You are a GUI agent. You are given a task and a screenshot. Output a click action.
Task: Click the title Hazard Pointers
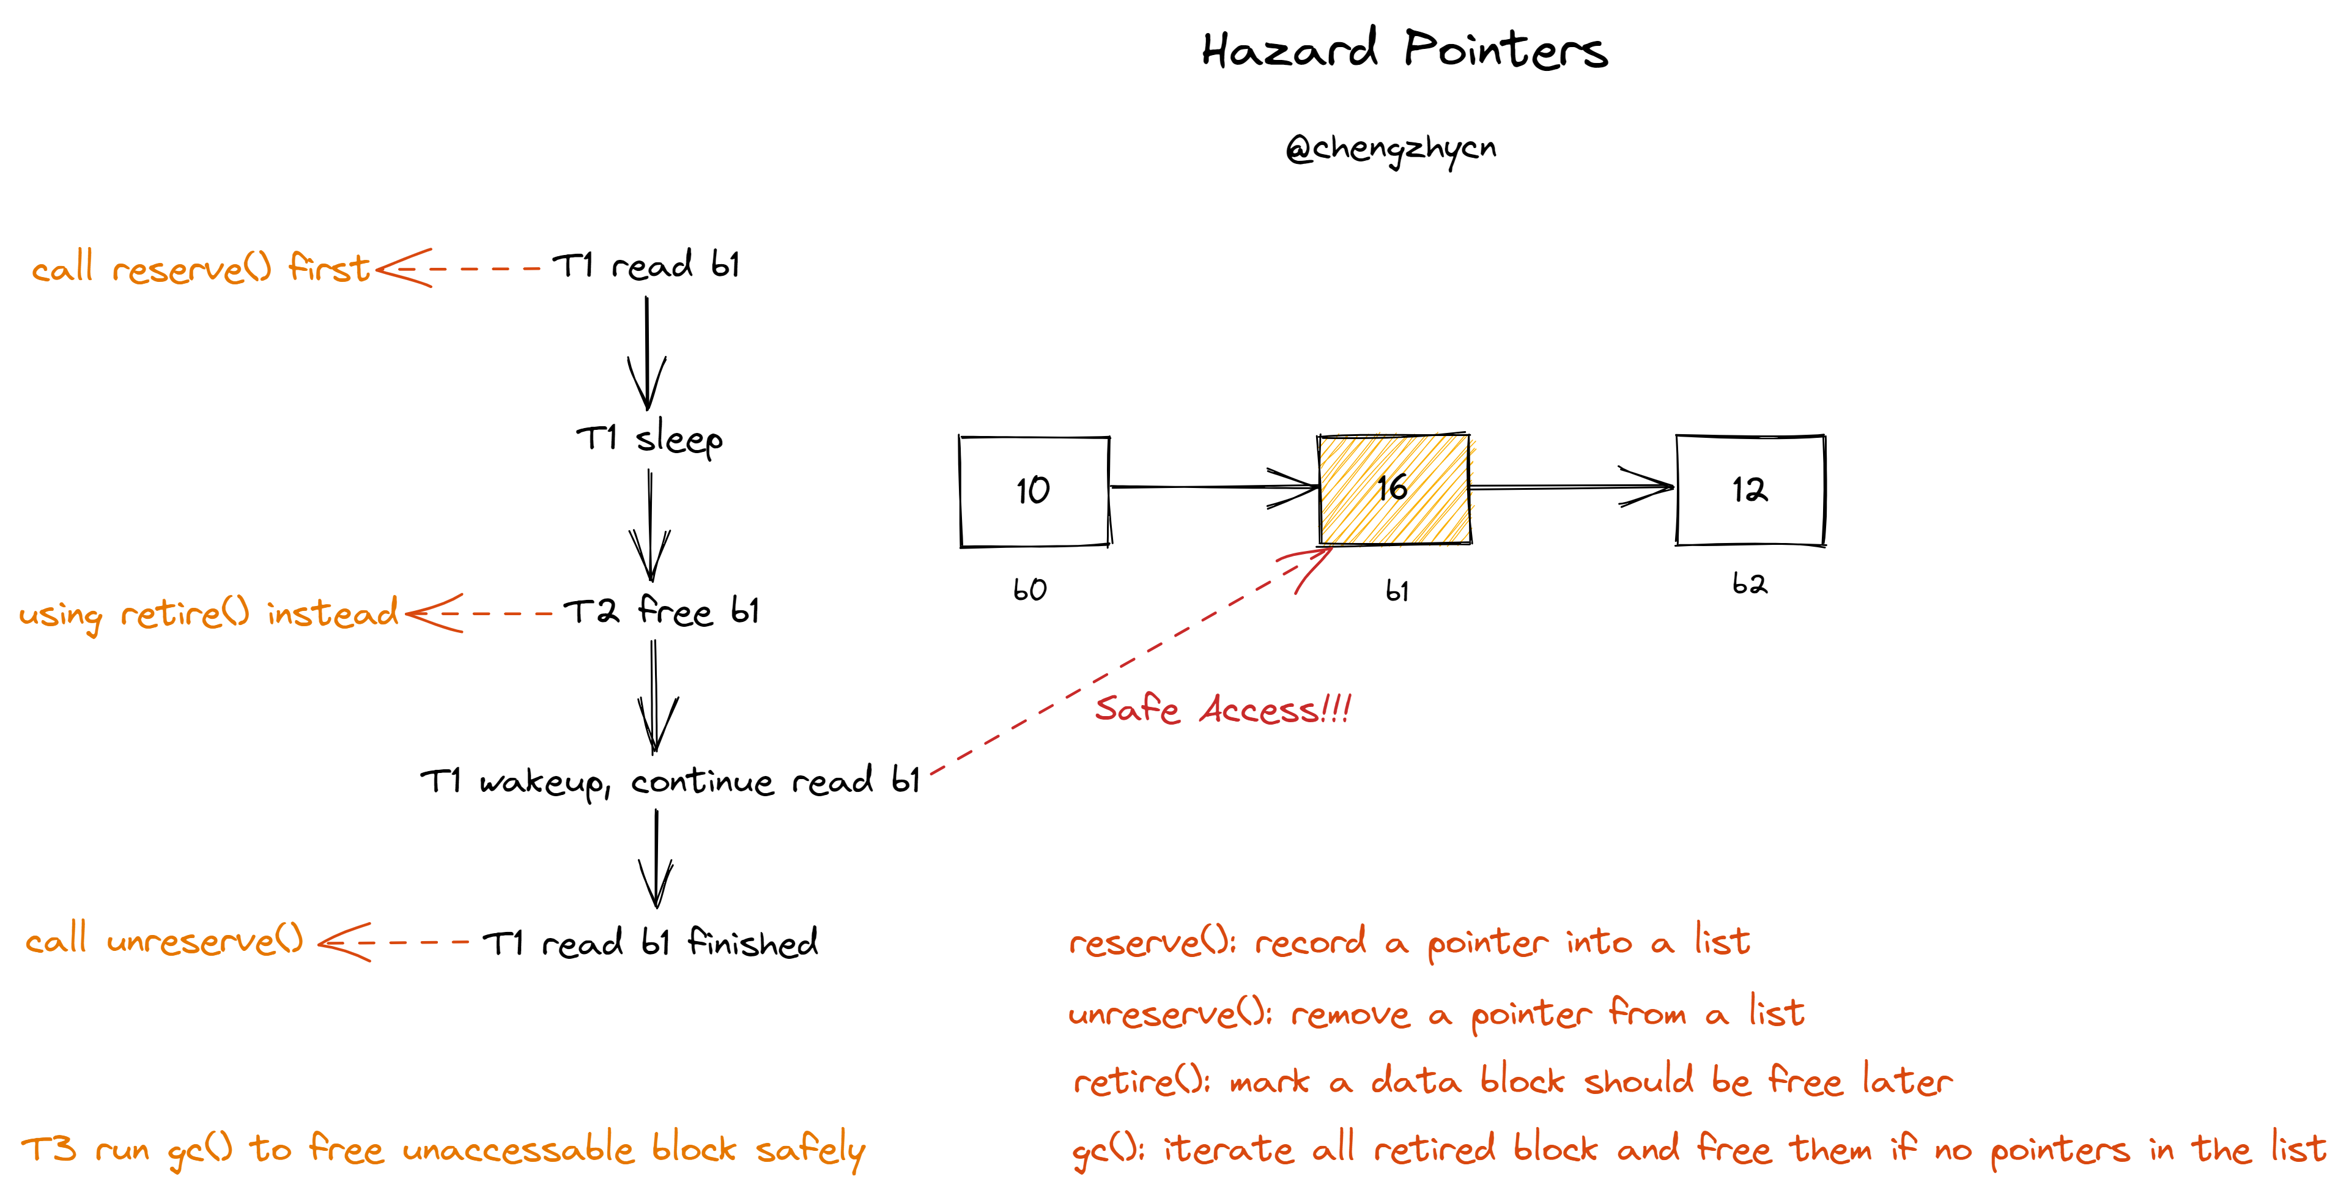[1404, 50]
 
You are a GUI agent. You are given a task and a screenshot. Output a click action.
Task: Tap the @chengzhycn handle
[1391, 149]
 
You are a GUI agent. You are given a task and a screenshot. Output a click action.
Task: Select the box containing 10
[1034, 490]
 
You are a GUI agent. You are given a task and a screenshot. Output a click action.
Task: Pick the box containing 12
[1750, 490]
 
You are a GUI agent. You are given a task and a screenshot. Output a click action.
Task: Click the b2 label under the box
[1749, 583]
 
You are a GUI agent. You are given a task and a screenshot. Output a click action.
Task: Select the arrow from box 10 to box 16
[1213, 487]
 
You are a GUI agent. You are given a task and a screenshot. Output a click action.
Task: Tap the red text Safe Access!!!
[1222, 709]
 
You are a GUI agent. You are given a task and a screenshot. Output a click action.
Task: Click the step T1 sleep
[649, 438]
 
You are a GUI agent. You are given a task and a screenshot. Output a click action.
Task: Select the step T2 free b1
[661, 611]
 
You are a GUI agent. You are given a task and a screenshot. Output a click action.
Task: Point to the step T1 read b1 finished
[649, 943]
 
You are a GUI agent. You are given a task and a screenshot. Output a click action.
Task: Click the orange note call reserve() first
[201, 268]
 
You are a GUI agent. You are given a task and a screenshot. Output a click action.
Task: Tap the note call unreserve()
[164, 940]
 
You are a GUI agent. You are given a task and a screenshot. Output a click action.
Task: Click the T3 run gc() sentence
[442, 1149]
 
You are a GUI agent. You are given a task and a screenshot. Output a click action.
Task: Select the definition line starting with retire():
[1512, 1082]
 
